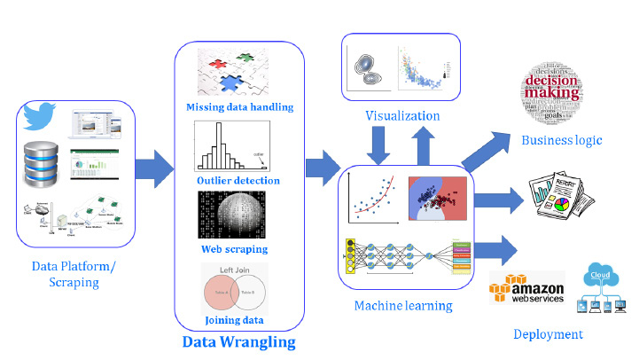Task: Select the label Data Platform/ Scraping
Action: (x=74, y=274)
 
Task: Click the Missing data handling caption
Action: (x=239, y=108)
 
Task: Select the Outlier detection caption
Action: (x=238, y=181)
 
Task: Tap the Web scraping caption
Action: (x=236, y=249)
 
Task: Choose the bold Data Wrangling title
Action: (x=238, y=341)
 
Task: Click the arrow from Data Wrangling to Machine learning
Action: (x=322, y=166)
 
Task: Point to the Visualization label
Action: (x=402, y=115)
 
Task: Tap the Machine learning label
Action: (x=403, y=306)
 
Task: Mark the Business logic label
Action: (x=561, y=140)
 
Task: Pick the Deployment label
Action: (x=548, y=334)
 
